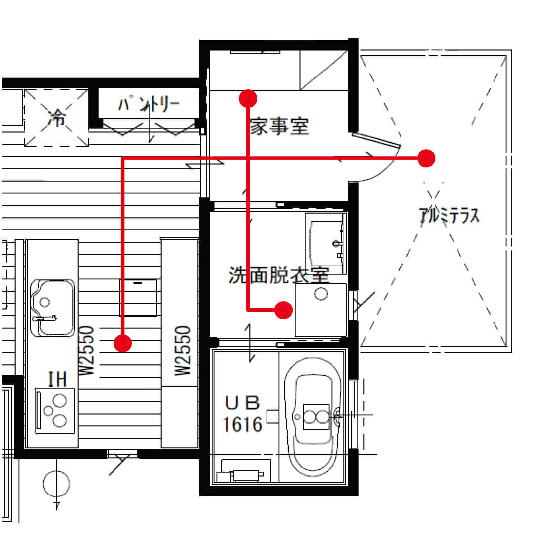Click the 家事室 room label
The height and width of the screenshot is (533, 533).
279,126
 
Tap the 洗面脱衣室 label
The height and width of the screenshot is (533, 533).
279,275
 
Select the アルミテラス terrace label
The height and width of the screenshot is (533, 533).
450,215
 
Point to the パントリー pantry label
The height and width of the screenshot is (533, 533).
149,104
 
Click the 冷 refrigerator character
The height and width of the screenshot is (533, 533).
57,118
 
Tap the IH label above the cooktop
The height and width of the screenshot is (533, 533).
57,379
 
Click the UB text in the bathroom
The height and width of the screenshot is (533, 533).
242,403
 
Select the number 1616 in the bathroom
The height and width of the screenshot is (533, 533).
242,424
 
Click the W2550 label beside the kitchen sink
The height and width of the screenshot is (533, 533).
86,350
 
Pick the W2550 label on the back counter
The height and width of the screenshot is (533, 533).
183,350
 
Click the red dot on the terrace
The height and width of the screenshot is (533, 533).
426,158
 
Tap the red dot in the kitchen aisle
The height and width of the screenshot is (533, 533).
123,343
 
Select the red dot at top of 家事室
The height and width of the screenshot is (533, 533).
248,99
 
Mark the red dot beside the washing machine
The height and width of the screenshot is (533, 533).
283,310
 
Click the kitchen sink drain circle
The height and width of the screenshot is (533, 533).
45,302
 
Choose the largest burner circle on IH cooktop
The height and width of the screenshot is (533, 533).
60,401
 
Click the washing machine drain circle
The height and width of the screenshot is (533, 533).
321,294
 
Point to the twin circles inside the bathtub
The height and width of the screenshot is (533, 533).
316,417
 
